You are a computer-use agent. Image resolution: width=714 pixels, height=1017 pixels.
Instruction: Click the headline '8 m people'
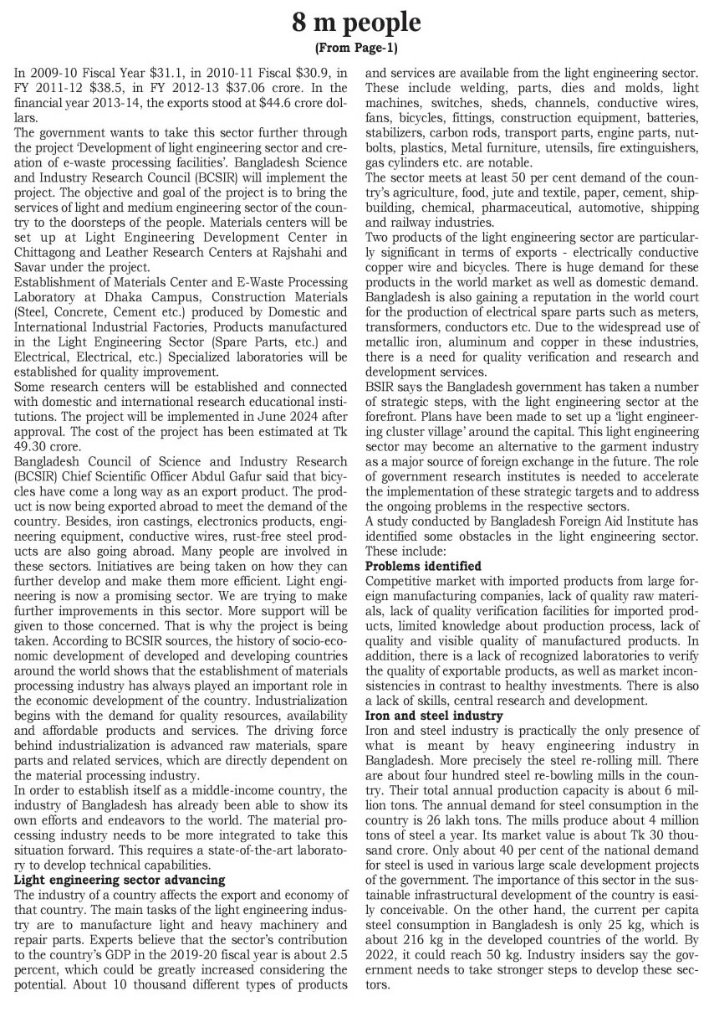tap(356, 22)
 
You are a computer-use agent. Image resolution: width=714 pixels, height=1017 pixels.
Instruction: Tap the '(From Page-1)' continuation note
tap(356, 48)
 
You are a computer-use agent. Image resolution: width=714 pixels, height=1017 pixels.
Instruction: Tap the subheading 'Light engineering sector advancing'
tap(120, 880)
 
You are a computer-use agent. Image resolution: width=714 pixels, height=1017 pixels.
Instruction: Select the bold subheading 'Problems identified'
tap(424, 566)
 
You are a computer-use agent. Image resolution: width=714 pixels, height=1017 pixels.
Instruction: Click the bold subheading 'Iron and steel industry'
tap(435, 716)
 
